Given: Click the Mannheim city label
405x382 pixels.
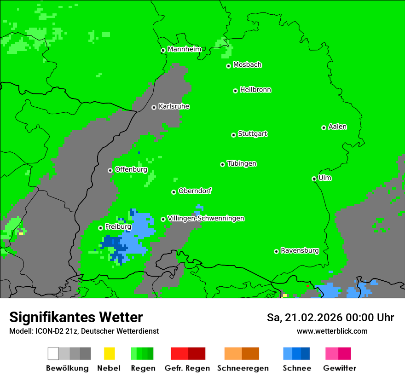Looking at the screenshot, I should pyautogui.click(x=184, y=49).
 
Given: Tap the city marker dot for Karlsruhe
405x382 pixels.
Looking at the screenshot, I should pyautogui.click(x=154, y=107).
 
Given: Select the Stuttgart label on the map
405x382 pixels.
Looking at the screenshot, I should pyautogui.click(x=252, y=134).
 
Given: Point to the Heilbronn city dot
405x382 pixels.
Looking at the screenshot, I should pyautogui.click(x=235, y=91).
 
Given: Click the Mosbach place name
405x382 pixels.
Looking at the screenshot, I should pyautogui.click(x=247, y=65).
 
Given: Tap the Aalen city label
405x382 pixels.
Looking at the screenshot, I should pyautogui.click(x=337, y=127).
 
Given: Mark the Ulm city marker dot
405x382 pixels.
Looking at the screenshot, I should pyautogui.click(x=314, y=179).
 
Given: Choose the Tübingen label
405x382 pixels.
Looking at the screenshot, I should pyautogui.click(x=242, y=164).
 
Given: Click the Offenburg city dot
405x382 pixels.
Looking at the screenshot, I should pyautogui.click(x=110, y=170).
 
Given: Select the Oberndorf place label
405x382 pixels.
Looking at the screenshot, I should pyautogui.click(x=195, y=191).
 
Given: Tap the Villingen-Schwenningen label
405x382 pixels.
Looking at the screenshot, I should pyautogui.click(x=206, y=219).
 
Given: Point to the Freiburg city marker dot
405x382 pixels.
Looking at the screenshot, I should pyautogui.click(x=100, y=228).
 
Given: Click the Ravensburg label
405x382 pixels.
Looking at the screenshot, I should pyautogui.click(x=300, y=251).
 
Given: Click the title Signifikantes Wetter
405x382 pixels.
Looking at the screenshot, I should pyautogui.click(x=76, y=318).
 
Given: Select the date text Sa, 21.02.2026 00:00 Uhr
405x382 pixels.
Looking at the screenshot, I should pyautogui.click(x=330, y=318).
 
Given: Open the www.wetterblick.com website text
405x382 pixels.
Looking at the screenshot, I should pyautogui.click(x=332, y=331).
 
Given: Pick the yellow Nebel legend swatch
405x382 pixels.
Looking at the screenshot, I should pyautogui.click(x=110, y=353).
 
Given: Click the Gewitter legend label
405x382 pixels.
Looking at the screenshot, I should pyautogui.click(x=340, y=368).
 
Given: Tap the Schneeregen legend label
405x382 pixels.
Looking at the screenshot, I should pyautogui.click(x=243, y=368).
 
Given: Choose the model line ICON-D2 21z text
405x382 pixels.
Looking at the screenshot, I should pyautogui.click(x=84, y=331).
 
